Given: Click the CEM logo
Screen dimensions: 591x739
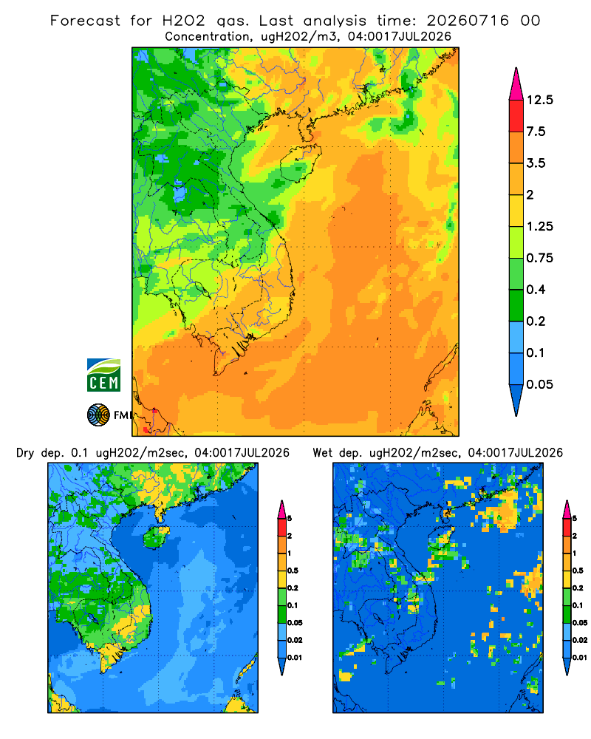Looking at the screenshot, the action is point(103,375).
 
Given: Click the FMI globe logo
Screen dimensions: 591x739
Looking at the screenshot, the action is point(98,415).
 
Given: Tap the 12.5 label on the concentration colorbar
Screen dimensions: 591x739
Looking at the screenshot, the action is point(540,100).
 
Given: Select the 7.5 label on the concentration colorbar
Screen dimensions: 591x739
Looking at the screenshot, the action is point(536,132).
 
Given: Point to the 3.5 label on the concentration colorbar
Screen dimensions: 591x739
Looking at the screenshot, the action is point(536,163).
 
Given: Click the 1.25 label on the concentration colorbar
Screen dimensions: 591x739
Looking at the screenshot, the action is point(540,226).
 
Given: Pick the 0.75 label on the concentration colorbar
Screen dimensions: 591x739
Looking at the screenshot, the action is point(540,258).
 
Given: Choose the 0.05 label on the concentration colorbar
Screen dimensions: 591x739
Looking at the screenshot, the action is point(540,384).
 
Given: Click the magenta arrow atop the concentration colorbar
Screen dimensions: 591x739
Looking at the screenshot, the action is point(516,85).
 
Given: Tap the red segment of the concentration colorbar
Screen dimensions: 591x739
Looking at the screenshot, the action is point(516,115).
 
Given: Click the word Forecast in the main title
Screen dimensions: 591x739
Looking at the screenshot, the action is point(85,21).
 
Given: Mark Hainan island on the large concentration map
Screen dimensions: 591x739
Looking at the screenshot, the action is point(300,163).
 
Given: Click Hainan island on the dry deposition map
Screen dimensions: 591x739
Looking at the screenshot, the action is point(156,537).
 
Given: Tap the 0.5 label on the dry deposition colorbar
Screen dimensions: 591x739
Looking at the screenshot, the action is point(293,571).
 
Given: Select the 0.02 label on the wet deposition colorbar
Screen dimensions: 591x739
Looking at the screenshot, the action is point(580,640).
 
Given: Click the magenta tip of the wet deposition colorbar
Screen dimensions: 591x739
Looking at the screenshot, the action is point(567,509).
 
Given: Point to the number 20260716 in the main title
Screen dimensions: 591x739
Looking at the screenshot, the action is point(468,21).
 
